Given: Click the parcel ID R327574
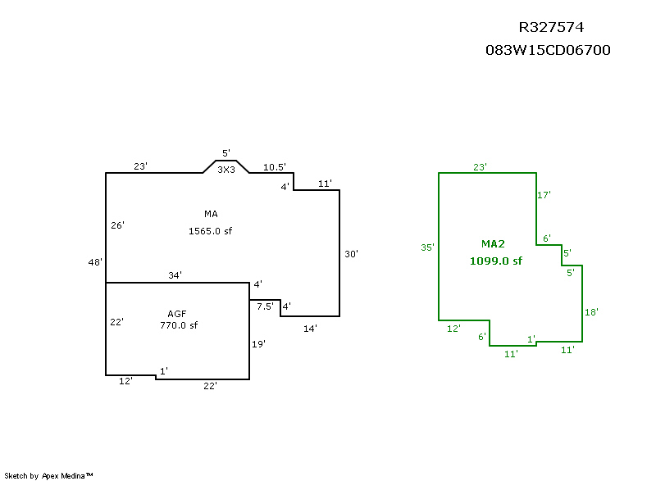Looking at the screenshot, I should [x=550, y=28].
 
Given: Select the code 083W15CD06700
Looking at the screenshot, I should [x=548, y=51].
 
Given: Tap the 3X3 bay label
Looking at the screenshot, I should [x=226, y=170].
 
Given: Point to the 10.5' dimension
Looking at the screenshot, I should [x=274, y=167].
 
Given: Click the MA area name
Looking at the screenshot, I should [x=211, y=215].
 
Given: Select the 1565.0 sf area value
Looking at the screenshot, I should [x=211, y=231].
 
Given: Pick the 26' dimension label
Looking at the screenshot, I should [x=117, y=225].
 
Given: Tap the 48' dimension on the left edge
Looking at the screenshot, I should [x=95, y=262].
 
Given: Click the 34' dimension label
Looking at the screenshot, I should [x=175, y=275].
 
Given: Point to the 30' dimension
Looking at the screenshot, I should [x=351, y=254].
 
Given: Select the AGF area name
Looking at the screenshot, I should [x=177, y=314].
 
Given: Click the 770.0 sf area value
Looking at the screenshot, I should [x=179, y=325].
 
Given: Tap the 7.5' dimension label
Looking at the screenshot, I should [x=264, y=306].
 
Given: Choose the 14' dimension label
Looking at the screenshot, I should [x=310, y=328].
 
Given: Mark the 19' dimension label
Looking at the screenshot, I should [x=258, y=344].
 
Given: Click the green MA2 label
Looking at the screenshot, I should [x=494, y=244].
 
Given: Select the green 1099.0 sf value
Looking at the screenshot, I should [x=495, y=261].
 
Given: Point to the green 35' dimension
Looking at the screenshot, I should [x=427, y=247].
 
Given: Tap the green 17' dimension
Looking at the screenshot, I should [x=544, y=195].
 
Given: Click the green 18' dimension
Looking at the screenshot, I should [x=591, y=312].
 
